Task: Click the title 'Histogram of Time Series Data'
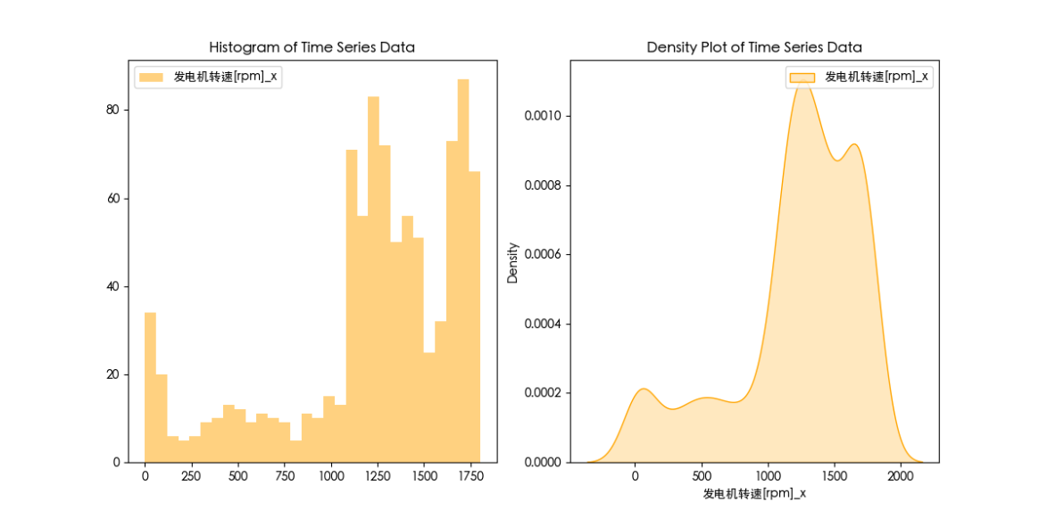click(x=312, y=47)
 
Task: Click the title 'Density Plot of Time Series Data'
click(x=754, y=47)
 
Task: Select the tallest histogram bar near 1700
click(x=463, y=267)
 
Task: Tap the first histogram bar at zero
click(x=150, y=387)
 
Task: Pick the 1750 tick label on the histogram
click(x=470, y=477)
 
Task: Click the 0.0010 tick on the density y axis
click(x=542, y=117)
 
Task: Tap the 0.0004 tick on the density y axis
click(x=542, y=324)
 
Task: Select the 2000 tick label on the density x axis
click(x=902, y=477)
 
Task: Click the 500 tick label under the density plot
click(x=702, y=477)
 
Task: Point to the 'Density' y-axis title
click(x=513, y=262)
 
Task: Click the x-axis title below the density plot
click(x=754, y=493)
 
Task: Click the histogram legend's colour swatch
click(x=151, y=78)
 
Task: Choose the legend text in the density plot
click(x=877, y=78)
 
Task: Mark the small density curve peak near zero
click(x=643, y=390)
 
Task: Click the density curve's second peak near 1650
click(x=854, y=145)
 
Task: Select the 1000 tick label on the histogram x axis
click(x=331, y=477)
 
